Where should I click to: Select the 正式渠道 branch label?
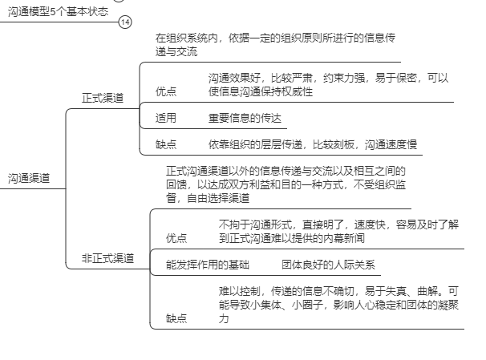(103, 98)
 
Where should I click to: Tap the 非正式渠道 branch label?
(107, 257)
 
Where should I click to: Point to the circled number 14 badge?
(124, 22)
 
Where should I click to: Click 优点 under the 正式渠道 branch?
(166, 91)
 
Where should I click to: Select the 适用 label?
(166, 118)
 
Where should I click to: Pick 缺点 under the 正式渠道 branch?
(166, 144)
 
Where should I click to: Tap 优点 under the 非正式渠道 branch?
(176, 238)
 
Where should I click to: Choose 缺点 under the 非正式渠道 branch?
(176, 318)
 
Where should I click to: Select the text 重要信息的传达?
(245, 118)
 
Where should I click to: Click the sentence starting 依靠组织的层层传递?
(313, 144)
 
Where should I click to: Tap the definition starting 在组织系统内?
(275, 44)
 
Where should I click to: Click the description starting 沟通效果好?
(328, 84)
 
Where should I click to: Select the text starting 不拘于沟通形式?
(338, 231)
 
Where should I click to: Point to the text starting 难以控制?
(339, 304)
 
